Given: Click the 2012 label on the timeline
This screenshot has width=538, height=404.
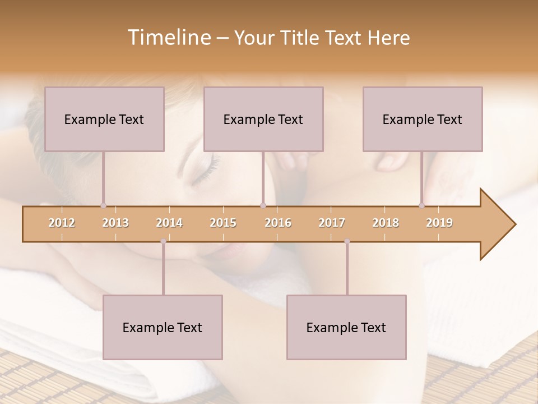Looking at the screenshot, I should [62, 223].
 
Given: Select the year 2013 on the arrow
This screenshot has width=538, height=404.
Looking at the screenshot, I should [115, 223].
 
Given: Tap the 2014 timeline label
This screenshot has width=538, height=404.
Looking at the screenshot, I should [169, 223].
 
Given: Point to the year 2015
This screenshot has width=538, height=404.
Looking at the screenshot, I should [223, 223].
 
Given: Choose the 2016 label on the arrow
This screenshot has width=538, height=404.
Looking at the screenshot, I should [278, 223].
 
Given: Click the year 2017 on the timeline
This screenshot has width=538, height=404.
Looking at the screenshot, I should [332, 223].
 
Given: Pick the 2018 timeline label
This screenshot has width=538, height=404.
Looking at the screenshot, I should [386, 223].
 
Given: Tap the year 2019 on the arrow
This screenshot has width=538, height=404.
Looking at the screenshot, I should [439, 223].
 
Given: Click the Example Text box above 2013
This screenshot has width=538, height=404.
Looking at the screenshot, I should [104, 119].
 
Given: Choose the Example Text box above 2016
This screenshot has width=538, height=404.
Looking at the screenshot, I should [263, 119].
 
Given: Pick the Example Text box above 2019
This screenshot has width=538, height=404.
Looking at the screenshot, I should [423, 119].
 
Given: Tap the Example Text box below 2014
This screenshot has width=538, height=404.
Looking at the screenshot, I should [163, 327].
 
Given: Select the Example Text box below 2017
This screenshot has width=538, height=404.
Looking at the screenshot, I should [346, 327].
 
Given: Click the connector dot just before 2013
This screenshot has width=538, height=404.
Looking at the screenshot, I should [103, 206].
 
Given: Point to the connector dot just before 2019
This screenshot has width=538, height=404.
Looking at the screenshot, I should [422, 206].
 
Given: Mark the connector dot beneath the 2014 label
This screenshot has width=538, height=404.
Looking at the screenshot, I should [163, 241].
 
